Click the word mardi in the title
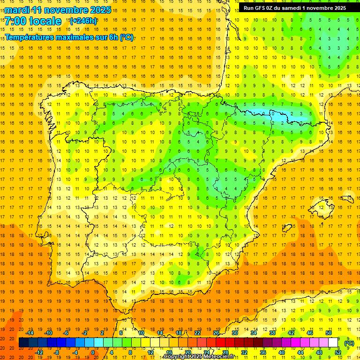pyautogui.click(x=17, y=9)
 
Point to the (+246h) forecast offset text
pyautogui.click(x=83, y=21)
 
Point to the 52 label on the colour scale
pyautogui.click(x=338, y=352)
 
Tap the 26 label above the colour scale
pyautogui.click(x=216, y=333)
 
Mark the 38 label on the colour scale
pyautogui.click(x=272, y=333)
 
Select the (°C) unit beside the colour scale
pyautogui.click(x=349, y=343)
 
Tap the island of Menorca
pyautogui.click(x=347, y=199)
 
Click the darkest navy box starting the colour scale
pyautogui.click(x=23, y=343)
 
